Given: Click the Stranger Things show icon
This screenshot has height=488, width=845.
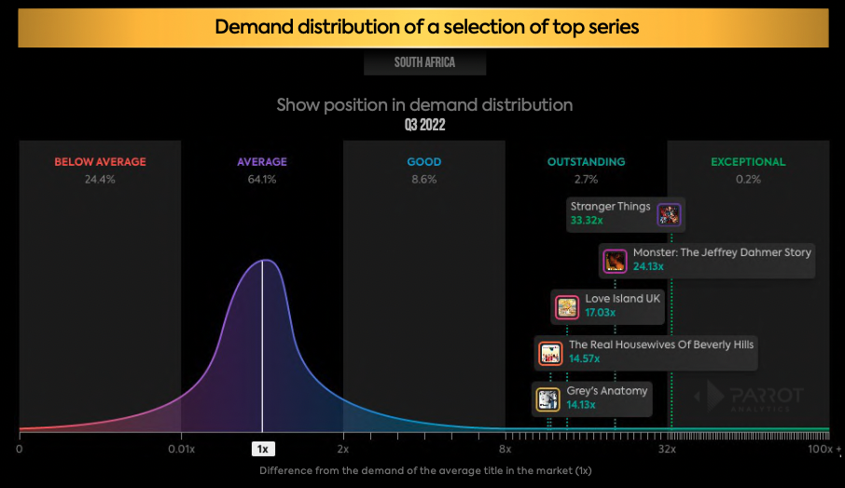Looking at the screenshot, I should point(669,215).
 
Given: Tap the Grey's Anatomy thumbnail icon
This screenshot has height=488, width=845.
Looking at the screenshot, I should point(547,400).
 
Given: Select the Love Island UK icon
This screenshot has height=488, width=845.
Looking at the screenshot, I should point(567,306).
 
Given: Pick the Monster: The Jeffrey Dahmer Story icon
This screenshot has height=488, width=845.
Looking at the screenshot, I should point(615,261).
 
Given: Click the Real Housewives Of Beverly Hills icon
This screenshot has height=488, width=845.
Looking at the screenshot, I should point(550,353).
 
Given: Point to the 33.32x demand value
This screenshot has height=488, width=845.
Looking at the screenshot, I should point(586,223).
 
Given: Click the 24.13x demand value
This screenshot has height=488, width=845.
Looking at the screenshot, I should point(648,267).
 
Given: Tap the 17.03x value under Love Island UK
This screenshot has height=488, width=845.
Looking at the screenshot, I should point(601,313).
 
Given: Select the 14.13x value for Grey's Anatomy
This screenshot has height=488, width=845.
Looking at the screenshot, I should point(582,405).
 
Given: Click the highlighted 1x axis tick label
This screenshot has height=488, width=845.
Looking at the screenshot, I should point(263,449).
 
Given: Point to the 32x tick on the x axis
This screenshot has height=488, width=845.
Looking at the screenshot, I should point(667,449).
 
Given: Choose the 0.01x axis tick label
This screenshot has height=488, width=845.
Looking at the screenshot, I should point(182,449).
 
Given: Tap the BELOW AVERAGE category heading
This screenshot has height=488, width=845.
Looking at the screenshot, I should point(100,162).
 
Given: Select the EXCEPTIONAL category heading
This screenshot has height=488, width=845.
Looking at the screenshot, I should point(748,162).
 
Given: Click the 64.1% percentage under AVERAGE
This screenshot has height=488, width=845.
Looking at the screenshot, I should point(262,180).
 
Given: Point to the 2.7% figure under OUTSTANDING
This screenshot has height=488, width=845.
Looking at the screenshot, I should point(586,180).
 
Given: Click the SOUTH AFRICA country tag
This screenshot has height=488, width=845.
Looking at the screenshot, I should point(424,63).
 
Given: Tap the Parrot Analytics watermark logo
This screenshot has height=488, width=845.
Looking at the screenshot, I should point(749,398).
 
